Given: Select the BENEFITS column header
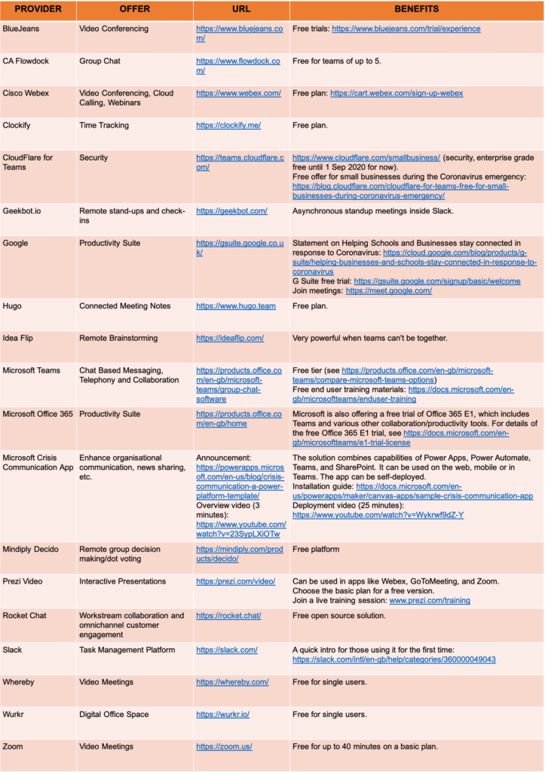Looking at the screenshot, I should (416, 11).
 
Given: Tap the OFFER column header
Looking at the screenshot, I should (135, 11).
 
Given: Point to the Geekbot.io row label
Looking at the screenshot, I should (26, 211).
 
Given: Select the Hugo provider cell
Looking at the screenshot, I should (13, 306).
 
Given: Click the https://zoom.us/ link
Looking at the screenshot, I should (224, 746).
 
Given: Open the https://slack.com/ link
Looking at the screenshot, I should (227, 650).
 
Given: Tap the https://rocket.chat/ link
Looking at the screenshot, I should (228, 615).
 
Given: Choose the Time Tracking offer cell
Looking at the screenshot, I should (104, 125).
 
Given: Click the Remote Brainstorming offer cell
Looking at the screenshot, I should (117, 339).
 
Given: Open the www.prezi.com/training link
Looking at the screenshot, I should (429, 601).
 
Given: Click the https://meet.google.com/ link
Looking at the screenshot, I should (388, 290).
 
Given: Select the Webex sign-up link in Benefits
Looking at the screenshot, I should (397, 93).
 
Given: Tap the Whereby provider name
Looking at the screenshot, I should (19, 682).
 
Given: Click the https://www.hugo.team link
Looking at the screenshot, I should (236, 306).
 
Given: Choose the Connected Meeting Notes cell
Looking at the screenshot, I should (124, 306).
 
